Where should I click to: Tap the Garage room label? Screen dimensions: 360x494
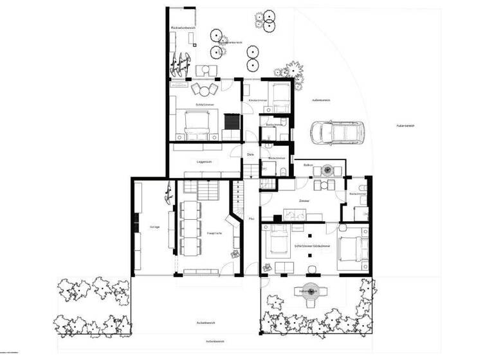[x=154, y=226]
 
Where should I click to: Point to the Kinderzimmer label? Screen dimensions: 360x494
[x=257, y=100]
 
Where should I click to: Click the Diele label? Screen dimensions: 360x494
[x=251, y=154]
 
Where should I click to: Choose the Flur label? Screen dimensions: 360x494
[x=251, y=219]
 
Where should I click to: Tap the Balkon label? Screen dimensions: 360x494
[x=308, y=165]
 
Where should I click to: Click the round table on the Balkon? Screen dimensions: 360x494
[x=327, y=170]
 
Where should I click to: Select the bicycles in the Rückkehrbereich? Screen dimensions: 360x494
[x=179, y=61]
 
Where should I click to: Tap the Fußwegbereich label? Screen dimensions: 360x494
[x=405, y=125]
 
